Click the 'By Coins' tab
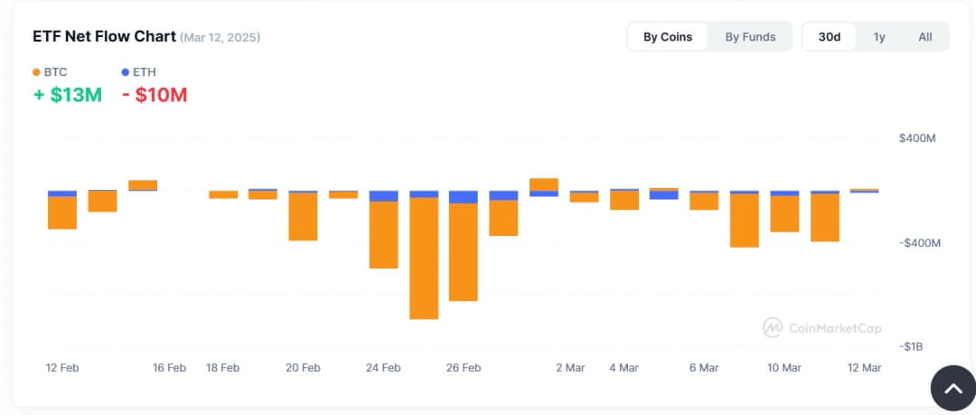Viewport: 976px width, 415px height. [668, 37]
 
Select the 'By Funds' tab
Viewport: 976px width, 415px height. [750, 37]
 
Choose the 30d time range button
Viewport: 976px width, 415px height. [829, 37]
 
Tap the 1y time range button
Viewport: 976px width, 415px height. [879, 37]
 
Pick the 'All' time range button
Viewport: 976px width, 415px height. [925, 37]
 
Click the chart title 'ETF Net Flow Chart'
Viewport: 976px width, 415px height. [104, 37]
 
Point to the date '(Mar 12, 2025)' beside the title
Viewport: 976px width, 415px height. [221, 38]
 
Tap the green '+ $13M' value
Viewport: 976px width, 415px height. [68, 94]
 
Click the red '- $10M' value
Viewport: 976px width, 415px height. [155, 94]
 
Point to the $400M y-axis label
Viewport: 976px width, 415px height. [916, 138]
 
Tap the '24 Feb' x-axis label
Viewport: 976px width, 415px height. [383, 368]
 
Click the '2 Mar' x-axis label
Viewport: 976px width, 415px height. [570, 368]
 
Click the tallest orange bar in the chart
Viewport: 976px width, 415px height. [424, 258]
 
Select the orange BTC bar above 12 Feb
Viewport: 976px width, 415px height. [61, 212]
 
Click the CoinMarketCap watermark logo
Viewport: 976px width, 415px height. [821, 328]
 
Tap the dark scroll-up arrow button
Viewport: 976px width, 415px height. [953, 388]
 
